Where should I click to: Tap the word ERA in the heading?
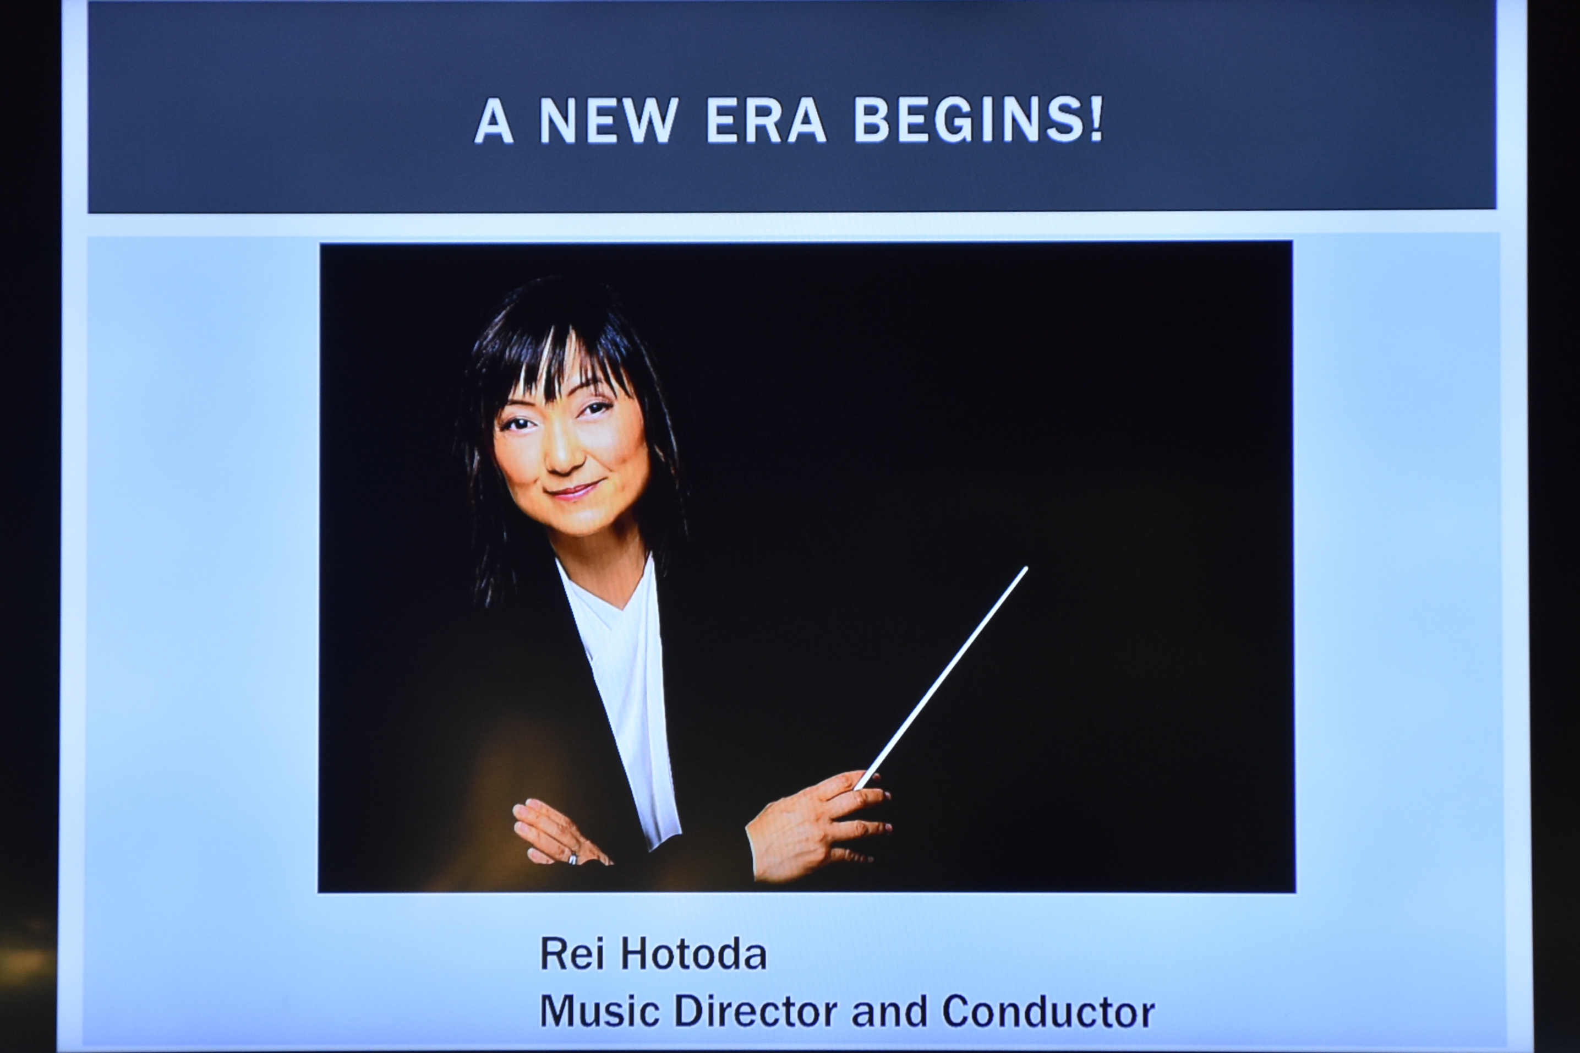click(766, 122)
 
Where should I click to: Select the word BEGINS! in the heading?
click(978, 122)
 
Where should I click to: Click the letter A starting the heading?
click(494, 122)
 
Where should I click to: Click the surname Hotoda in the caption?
click(693, 954)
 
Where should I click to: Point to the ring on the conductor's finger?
click(572, 858)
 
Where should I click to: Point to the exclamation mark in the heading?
click(1096, 122)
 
